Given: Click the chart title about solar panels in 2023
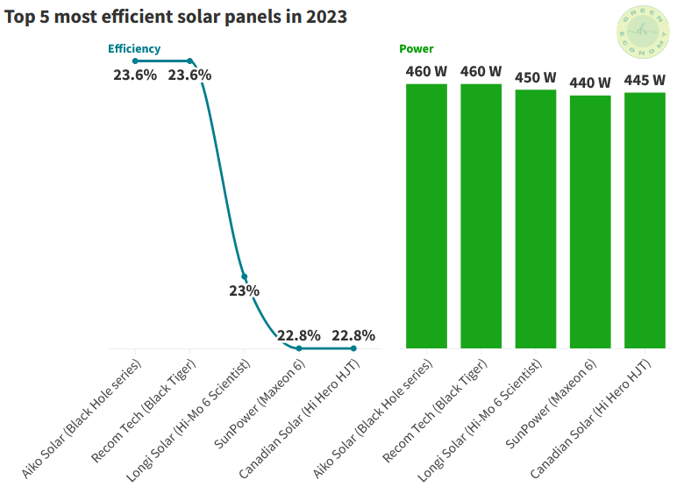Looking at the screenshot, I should [x=175, y=18].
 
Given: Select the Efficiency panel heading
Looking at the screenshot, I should [x=134, y=49].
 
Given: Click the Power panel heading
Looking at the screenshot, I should [x=416, y=49].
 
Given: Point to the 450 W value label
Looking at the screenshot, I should [x=535, y=77].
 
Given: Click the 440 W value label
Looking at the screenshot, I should [x=590, y=82].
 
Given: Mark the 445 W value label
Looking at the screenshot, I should [x=645, y=81].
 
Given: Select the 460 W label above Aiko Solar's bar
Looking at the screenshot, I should [x=426, y=72].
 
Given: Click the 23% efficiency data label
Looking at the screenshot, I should [x=245, y=290].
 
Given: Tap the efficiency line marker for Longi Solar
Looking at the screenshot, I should [x=245, y=276].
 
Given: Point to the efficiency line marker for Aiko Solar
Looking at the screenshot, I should [x=135, y=61].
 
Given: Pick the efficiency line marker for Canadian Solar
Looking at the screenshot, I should [x=353, y=348].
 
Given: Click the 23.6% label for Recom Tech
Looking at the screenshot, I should [x=189, y=75].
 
